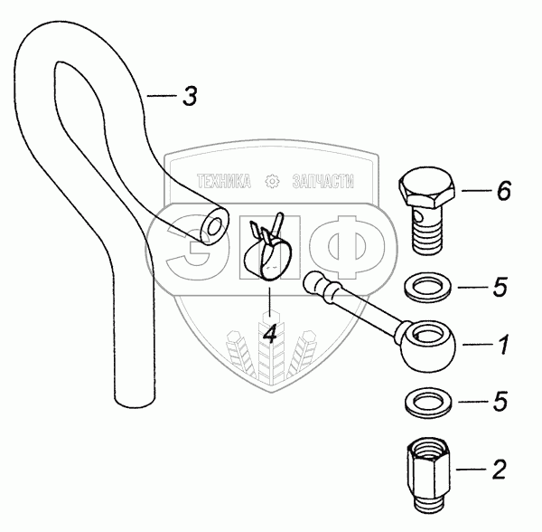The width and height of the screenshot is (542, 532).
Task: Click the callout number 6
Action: [503, 191]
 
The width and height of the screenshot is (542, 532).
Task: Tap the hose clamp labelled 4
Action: [270, 251]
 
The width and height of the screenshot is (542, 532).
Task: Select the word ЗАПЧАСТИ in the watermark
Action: [322, 182]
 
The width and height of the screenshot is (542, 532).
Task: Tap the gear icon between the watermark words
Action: [272, 182]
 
